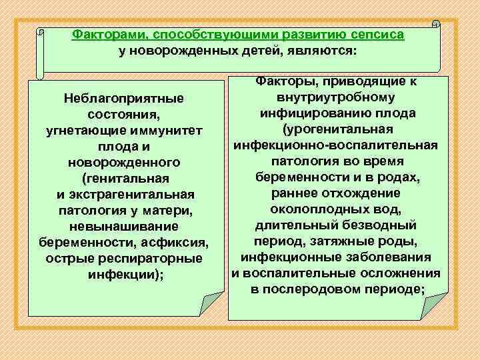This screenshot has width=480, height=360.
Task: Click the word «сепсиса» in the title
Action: pos(374,34)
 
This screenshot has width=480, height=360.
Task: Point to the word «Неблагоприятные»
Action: pos(123,98)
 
